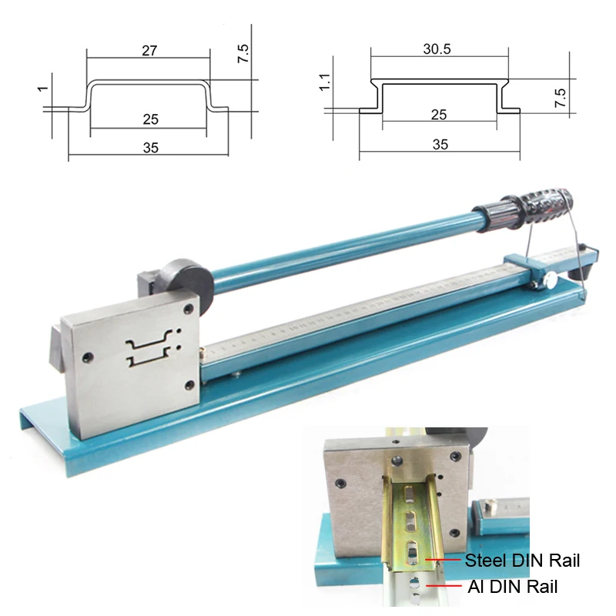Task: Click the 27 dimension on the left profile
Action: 150,52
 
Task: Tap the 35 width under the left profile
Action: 150,148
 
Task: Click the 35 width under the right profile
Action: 440,144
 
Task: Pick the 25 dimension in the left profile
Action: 151,119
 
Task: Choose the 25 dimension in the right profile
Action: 439,115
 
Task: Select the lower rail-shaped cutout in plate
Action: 149,358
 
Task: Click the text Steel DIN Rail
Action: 522,561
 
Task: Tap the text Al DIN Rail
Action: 512,587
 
